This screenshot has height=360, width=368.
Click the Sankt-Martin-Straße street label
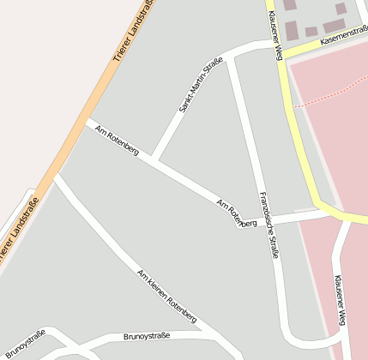click(x=201, y=85)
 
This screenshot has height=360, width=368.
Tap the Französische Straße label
click(x=269, y=224)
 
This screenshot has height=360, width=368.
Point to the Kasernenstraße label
click(x=343, y=35)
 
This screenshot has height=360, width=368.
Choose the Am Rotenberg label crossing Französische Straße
click(x=237, y=213)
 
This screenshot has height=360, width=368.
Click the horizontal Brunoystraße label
click(x=147, y=336)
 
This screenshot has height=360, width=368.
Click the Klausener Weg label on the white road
click(x=340, y=300)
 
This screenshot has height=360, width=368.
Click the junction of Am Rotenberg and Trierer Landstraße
click(x=87, y=121)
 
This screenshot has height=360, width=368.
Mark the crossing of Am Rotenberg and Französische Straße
click(x=261, y=222)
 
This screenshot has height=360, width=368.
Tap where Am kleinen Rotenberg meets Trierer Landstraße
click(x=56, y=177)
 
